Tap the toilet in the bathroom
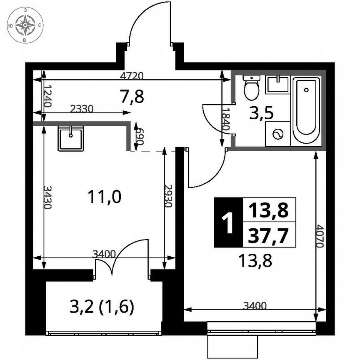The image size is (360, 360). [251, 87]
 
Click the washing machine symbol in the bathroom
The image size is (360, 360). [277, 134]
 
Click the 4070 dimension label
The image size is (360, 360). [320, 236]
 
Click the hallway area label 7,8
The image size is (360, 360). [132, 97]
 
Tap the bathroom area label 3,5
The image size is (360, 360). [261, 114]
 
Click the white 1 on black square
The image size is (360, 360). [227, 222]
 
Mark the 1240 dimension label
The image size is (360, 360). [47, 96]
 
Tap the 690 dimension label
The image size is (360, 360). [140, 136]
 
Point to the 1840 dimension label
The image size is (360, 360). [225, 120]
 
